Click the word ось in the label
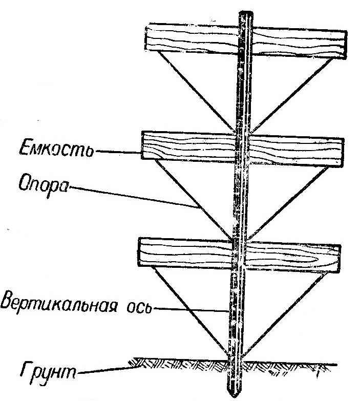click(x=139, y=309)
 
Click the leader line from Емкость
click(x=118, y=152)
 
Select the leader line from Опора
click(x=133, y=197)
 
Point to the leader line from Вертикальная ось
click(x=189, y=310)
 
